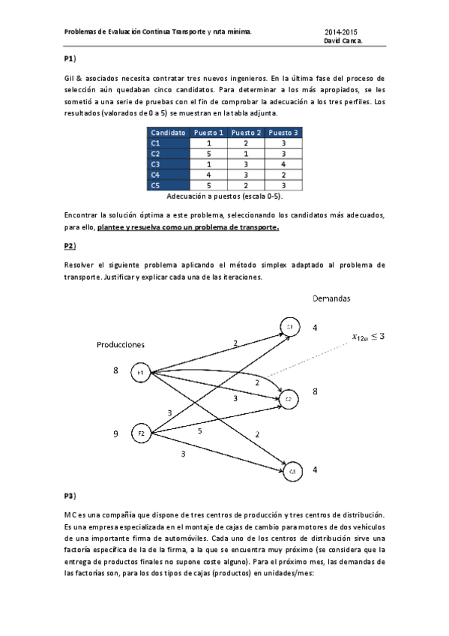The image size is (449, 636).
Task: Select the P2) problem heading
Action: (x=70, y=245)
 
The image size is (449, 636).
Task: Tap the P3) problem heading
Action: (x=70, y=496)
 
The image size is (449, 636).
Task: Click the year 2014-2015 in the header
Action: (x=340, y=32)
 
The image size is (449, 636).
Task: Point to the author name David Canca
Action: (x=343, y=41)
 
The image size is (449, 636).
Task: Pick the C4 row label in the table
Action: (x=155, y=174)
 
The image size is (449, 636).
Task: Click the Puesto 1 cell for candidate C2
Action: (x=208, y=153)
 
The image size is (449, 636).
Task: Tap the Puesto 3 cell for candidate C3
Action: (x=283, y=163)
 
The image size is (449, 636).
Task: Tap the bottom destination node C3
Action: (x=292, y=470)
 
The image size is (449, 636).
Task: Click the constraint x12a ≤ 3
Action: (x=369, y=337)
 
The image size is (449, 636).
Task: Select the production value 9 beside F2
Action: (x=115, y=433)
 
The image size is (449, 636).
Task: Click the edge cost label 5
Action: (x=199, y=430)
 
